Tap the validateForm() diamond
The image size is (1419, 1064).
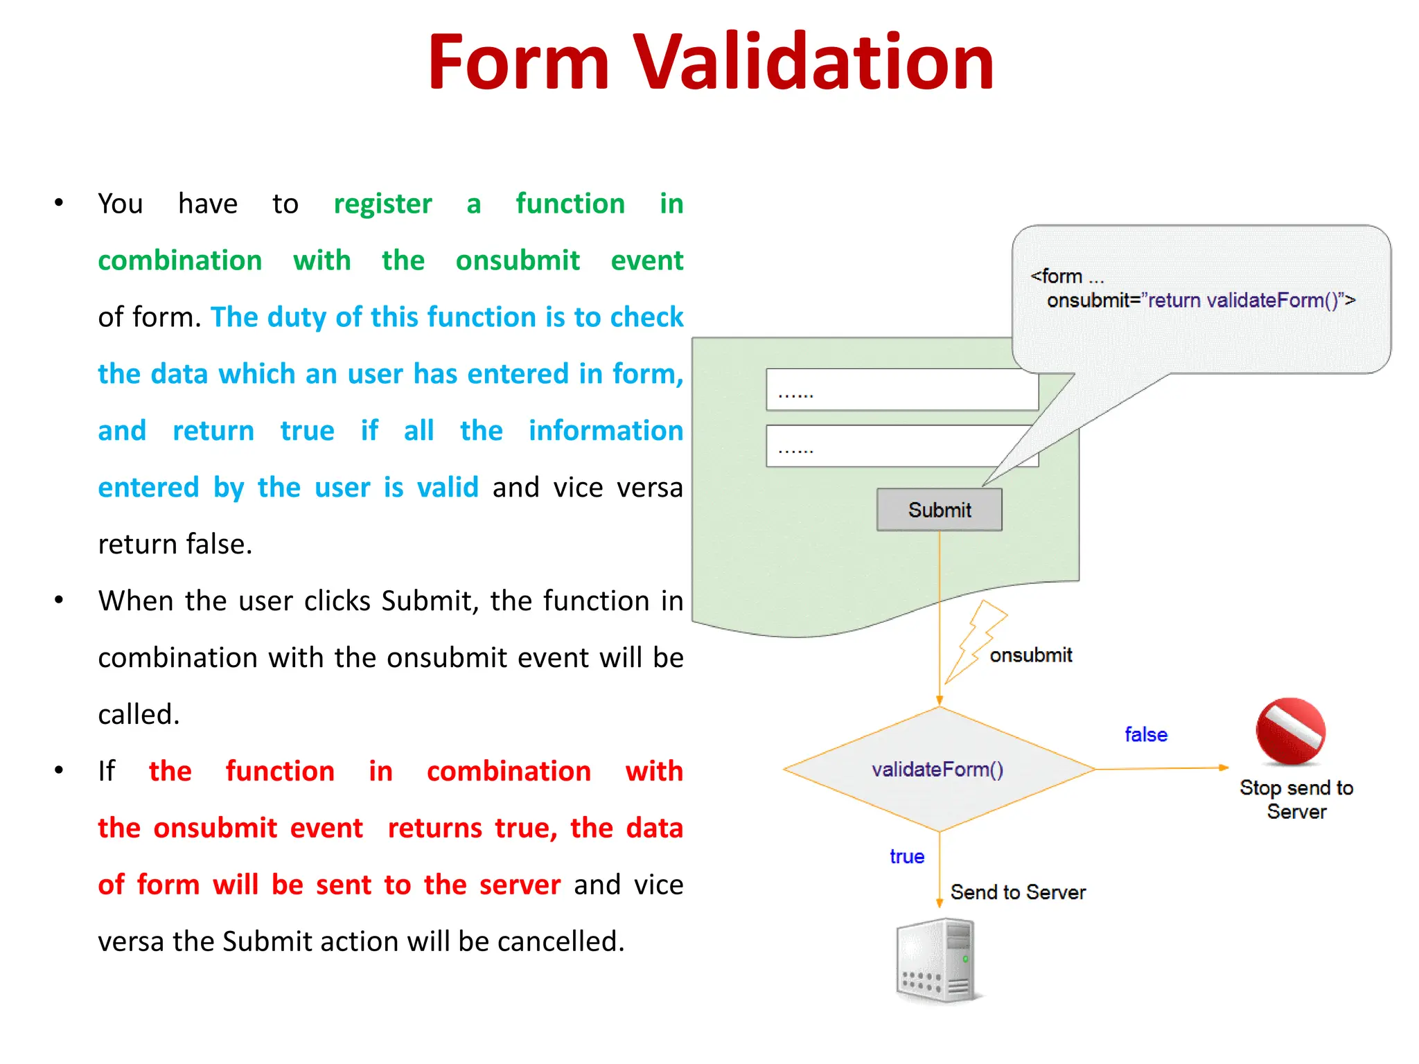[938, 770]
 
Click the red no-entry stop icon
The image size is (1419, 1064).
[1290, 731]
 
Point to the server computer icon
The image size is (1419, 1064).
[936, 960]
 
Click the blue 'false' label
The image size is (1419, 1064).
[1145, 734]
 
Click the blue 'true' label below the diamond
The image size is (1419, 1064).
[906, 856]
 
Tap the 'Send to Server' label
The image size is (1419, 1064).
[1017, 892]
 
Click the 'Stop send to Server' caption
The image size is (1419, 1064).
[1296, 799]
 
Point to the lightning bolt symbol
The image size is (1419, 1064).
[976, 641]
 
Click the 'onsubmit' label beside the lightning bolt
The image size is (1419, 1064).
[1030, 655]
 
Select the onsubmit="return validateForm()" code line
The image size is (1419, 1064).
[1200, 301]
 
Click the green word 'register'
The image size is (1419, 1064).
[382, 204]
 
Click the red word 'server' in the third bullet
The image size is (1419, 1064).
[520, 885]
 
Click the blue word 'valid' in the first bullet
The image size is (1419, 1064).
[448, 488]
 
